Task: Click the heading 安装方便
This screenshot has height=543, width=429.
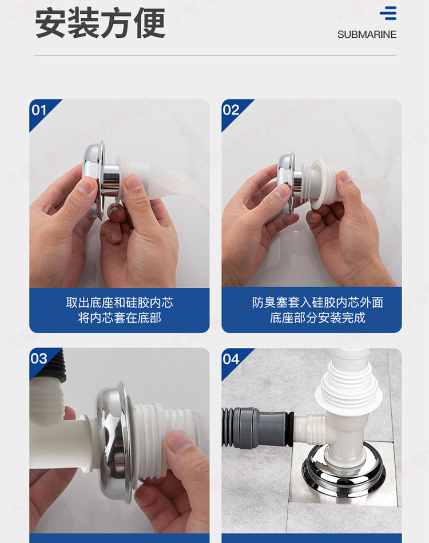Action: tap(100, 23)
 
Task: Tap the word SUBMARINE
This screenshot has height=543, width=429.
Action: tap(367, 35)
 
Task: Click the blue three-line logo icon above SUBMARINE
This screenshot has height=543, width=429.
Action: tap(388, 13)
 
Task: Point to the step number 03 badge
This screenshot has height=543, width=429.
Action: tap(39, 358)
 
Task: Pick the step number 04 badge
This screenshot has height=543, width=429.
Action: tap(231, 359)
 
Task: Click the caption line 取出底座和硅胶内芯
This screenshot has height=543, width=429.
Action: tap(120, 303)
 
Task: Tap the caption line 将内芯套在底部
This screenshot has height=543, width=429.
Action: tap(120, 318)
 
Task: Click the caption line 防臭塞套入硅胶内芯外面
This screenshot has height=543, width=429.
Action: tap(317, 303)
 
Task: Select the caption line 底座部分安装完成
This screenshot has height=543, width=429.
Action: tap(317, 318)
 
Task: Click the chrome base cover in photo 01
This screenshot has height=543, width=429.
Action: tap(94, 180)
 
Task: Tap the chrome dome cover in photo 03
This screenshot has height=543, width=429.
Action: tap(114, 440)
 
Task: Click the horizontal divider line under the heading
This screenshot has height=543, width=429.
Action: tap(216, 56)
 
